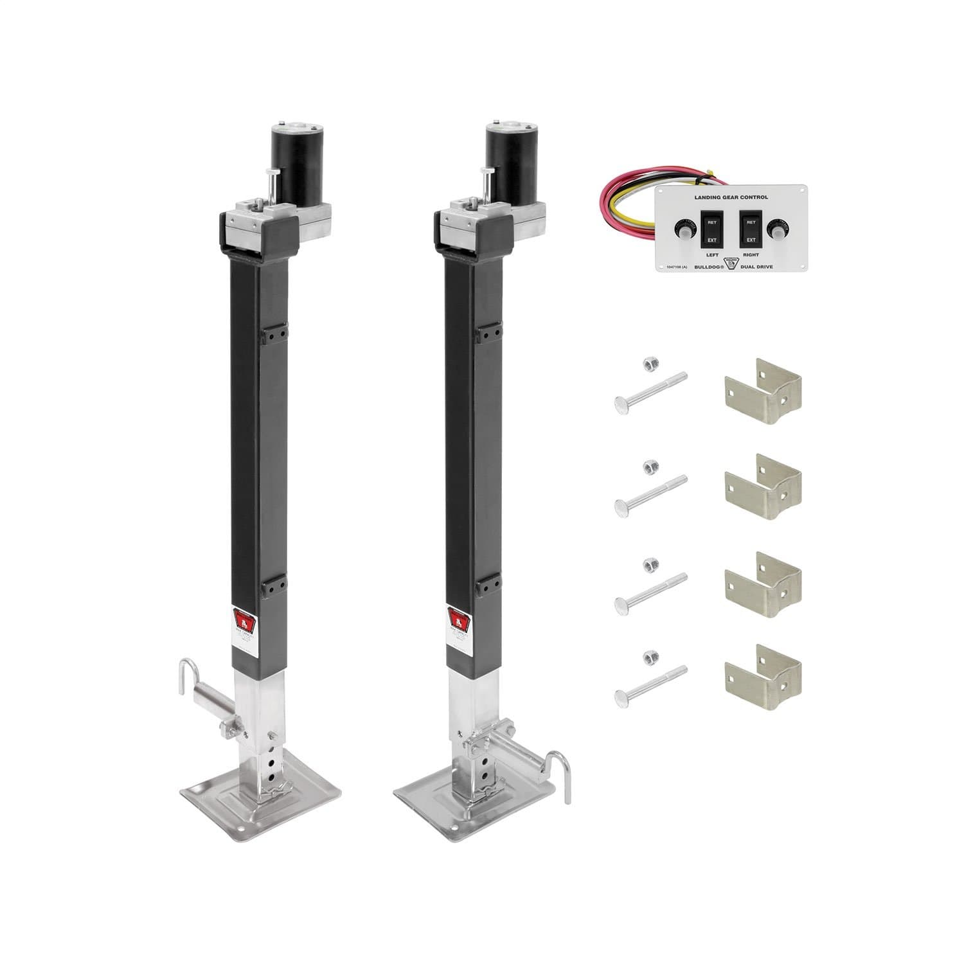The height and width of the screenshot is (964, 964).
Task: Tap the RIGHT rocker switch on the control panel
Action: pyautogui.click(x=749, y=229)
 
